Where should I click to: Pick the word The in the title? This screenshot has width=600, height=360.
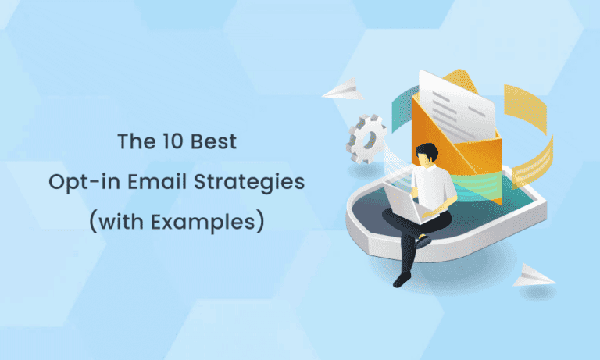pyautogui.click(x=133, y=142)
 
